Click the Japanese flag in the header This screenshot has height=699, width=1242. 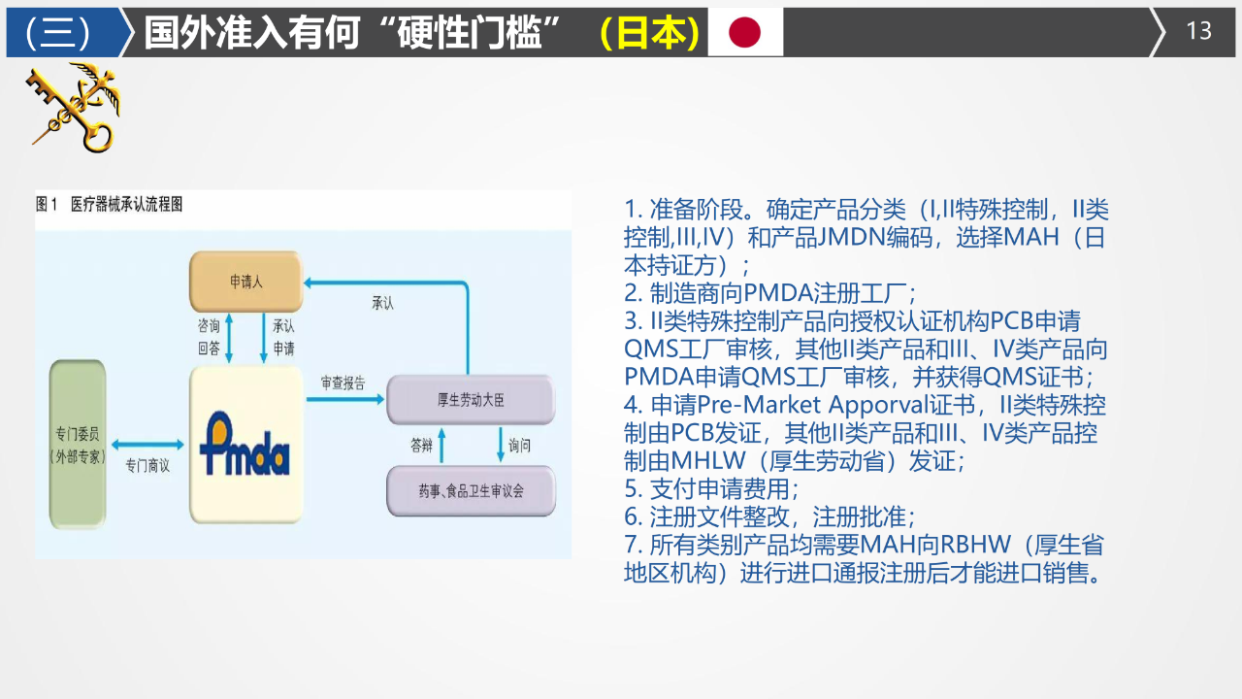[745, 32]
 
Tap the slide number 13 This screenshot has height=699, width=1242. [1199, 31]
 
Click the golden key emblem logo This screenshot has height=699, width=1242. [74, 107]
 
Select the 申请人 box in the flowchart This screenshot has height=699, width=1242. [246, 282]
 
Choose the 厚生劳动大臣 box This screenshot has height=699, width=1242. [472, 399]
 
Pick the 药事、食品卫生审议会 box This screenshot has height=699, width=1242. [472, 491]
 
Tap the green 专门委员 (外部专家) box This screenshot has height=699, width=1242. [78, 445]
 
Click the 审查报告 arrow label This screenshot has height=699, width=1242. [343, 383]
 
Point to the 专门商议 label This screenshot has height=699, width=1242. [147, 466]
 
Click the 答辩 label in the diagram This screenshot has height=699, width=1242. [421, 446]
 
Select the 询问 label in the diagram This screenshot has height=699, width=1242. [520, 446]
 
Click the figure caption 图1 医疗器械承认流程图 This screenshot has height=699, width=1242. [109, 205]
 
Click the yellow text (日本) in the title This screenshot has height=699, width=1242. [649, 33]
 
